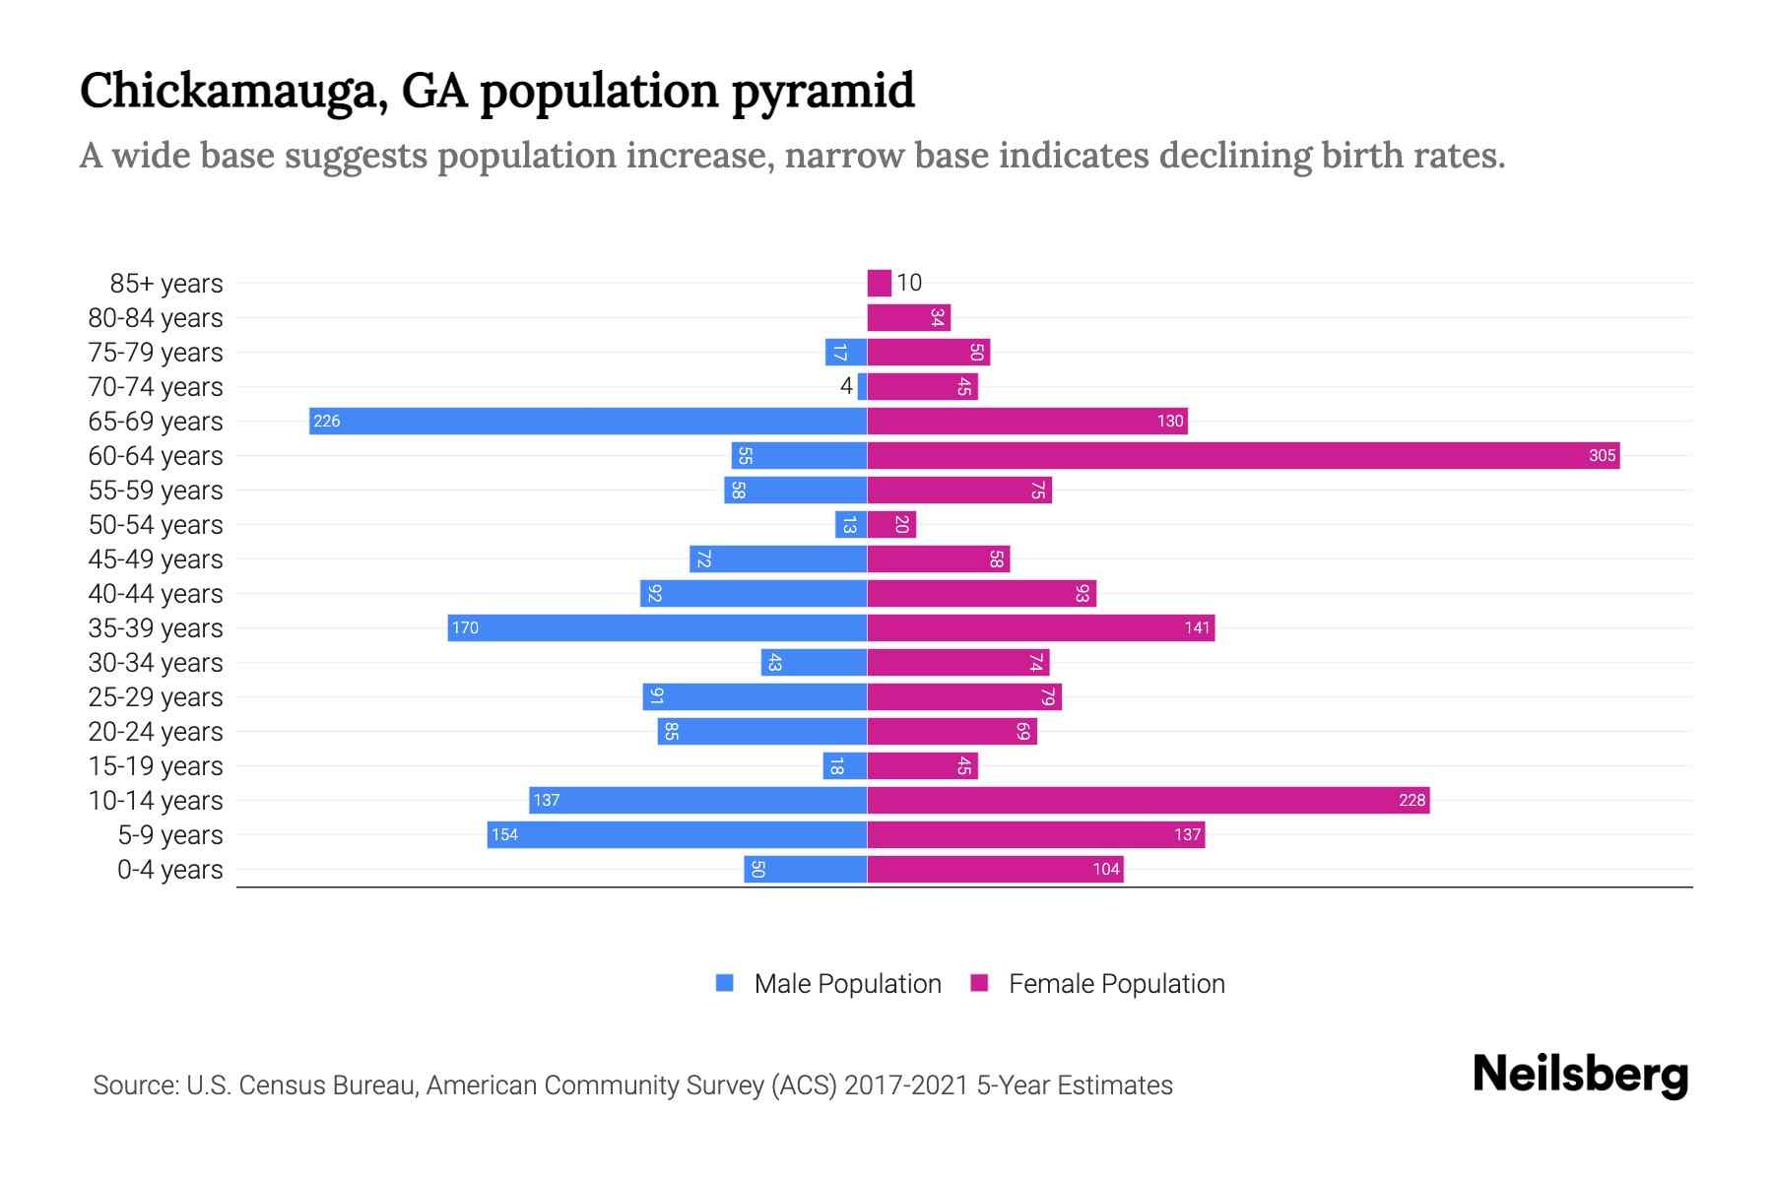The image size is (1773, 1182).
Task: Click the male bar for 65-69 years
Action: [x=588, y=422]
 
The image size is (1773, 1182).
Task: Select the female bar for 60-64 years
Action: [x=1243, y=456]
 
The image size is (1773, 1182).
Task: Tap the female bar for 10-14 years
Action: [x=1149, y=801]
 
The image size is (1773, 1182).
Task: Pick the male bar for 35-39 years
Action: [x=657, y=628]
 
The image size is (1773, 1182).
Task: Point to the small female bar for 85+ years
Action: [x=879, y=284]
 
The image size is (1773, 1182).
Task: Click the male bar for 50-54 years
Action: [x=851, y=525]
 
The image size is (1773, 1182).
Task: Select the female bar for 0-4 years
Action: [x=995, y=870]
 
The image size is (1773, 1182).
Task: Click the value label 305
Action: [x=1602, y=456]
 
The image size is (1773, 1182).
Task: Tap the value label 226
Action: [x=326, y=422]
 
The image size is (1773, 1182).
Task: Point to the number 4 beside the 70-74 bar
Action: [x=846, y=386]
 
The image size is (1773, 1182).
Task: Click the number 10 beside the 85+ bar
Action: [x=909, y=284]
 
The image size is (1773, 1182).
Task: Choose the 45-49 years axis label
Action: [x=156, y=559]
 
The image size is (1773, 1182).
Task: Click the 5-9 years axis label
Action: [x=170, y=835]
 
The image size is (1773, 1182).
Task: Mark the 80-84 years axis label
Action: [x=156, y=318]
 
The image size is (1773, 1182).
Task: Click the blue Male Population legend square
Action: [x=725, y=983]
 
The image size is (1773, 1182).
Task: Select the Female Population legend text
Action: [x=1116, y=984]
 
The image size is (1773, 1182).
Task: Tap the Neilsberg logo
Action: [x=1580, y=1075]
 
